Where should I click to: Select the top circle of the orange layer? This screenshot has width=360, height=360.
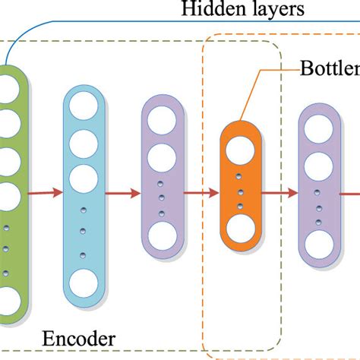pyautogui.click(x=239, y=147)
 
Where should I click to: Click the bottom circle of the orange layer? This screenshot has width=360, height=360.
pyautogui.click(x=239, y=228)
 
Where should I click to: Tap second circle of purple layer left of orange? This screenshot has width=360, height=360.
pyautogui.click(x=161, y=158)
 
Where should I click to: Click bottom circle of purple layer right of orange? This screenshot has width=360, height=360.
pyautogui.click(x=317, y=241)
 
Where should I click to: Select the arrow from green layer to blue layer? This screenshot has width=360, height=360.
pyautogui.click(x=46, y=194)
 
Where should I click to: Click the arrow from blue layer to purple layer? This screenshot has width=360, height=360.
pyautogui.click(x=122, y=194)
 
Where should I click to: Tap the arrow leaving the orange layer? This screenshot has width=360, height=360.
pyautogui.click(x=278, y=194)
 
